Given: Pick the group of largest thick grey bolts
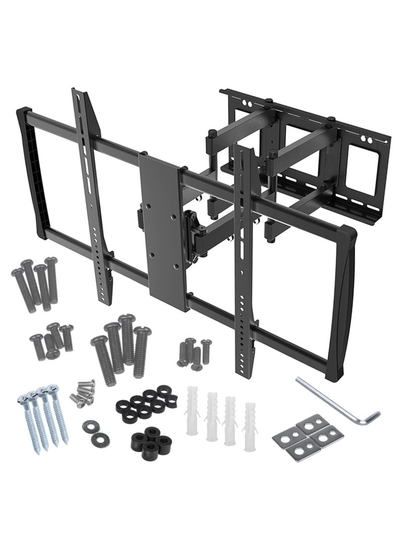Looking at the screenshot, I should coord(119,348).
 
